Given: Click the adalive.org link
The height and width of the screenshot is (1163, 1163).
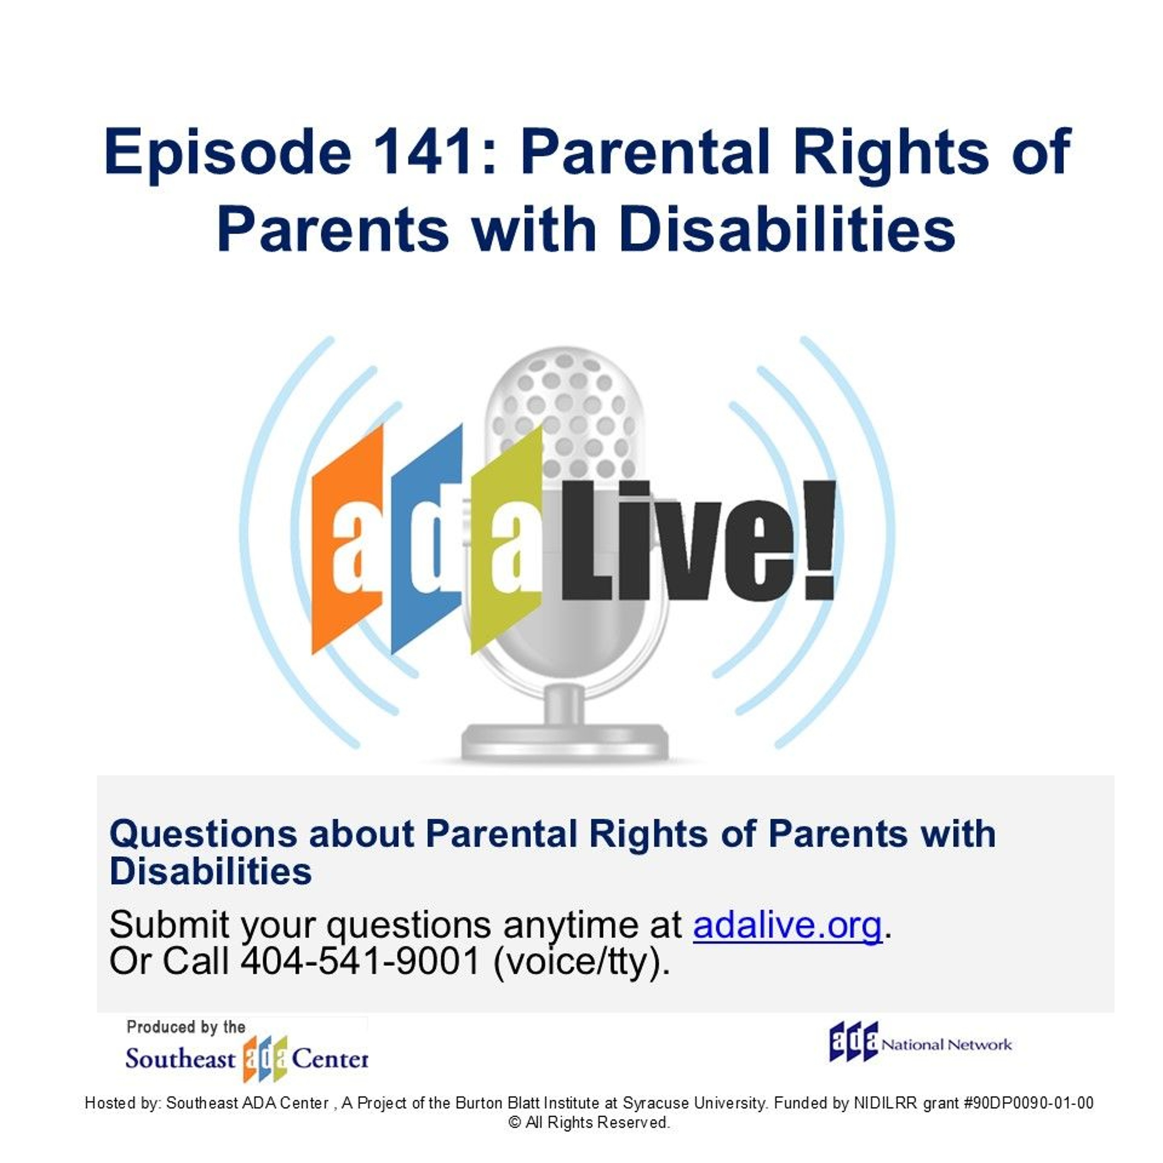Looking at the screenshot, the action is (x=787, y=926).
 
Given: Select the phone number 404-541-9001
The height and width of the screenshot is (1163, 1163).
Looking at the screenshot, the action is (x=360, y=961).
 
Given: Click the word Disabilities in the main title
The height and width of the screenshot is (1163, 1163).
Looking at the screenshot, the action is (x=787, y=230).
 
